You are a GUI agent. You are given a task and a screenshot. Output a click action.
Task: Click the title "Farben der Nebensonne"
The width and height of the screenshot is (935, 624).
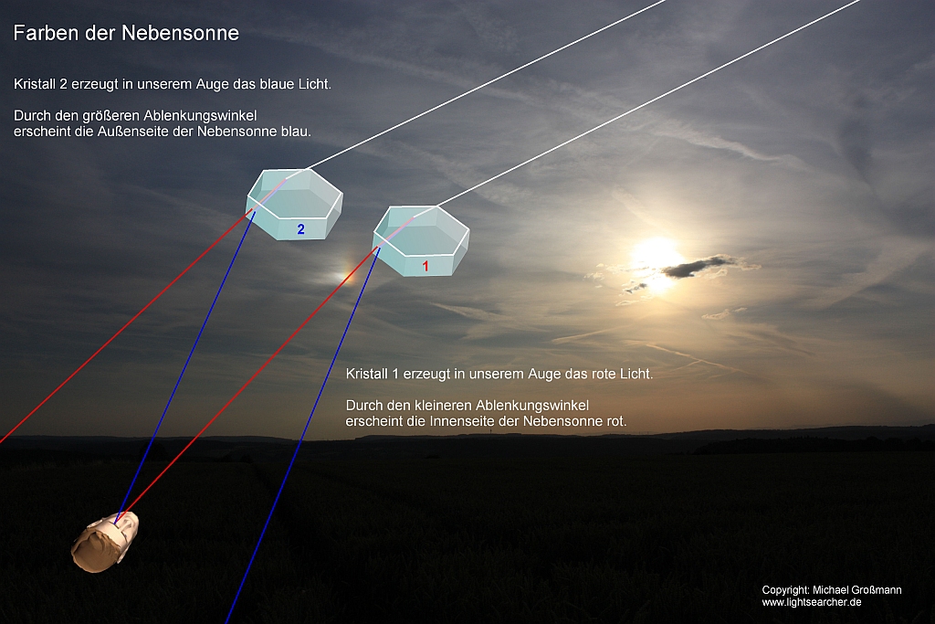click(x=126, y=33)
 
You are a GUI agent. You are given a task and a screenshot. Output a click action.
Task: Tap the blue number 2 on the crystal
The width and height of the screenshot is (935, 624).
click(x=301, y=229)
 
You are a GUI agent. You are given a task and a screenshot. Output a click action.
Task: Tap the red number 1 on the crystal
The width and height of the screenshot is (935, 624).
click(x=425, y=266)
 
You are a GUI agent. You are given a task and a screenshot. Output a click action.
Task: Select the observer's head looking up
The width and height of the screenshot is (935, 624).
click(x=105, y=543)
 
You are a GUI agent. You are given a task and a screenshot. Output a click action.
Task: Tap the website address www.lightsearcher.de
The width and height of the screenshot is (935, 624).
click(x=812, y=602)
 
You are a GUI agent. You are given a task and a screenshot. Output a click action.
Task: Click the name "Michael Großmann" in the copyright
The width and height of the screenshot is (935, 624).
click(x=857, y=590)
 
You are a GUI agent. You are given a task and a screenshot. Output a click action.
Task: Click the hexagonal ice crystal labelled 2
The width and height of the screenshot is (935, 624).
click(x=295, y=204)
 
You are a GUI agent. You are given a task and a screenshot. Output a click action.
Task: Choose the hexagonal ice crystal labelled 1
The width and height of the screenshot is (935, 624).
click(x=421, y=240)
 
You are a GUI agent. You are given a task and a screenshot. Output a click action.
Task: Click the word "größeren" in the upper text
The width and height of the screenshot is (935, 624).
click(x=110, y=116)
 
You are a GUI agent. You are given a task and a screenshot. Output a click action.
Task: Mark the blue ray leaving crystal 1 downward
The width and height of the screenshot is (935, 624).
click(x=303, y=436)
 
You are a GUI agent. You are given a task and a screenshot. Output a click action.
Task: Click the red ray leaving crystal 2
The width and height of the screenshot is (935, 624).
click(x=126, y=326)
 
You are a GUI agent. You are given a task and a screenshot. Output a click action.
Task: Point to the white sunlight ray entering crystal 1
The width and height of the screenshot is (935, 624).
click(x=648, y=102)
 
